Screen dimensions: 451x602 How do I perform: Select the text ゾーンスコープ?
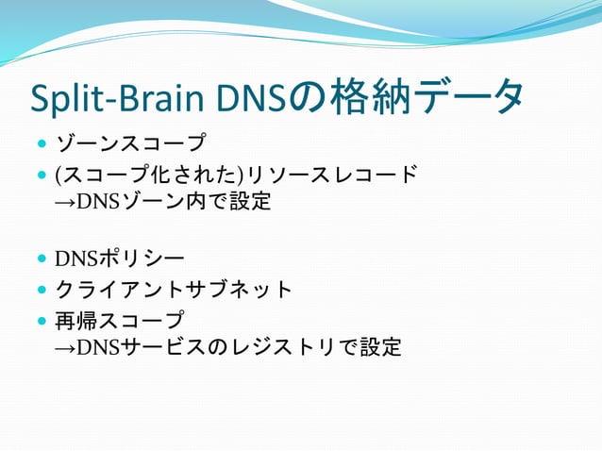pyautogui.click(x=130, y=144)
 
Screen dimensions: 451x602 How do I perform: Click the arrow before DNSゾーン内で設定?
pyautogui.click(x=66, y=201)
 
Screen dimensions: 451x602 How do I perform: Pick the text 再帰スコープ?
pyautogui.click(x=120, y=320)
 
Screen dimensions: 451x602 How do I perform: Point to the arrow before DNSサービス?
pyautogui.click(x=66, y=348)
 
